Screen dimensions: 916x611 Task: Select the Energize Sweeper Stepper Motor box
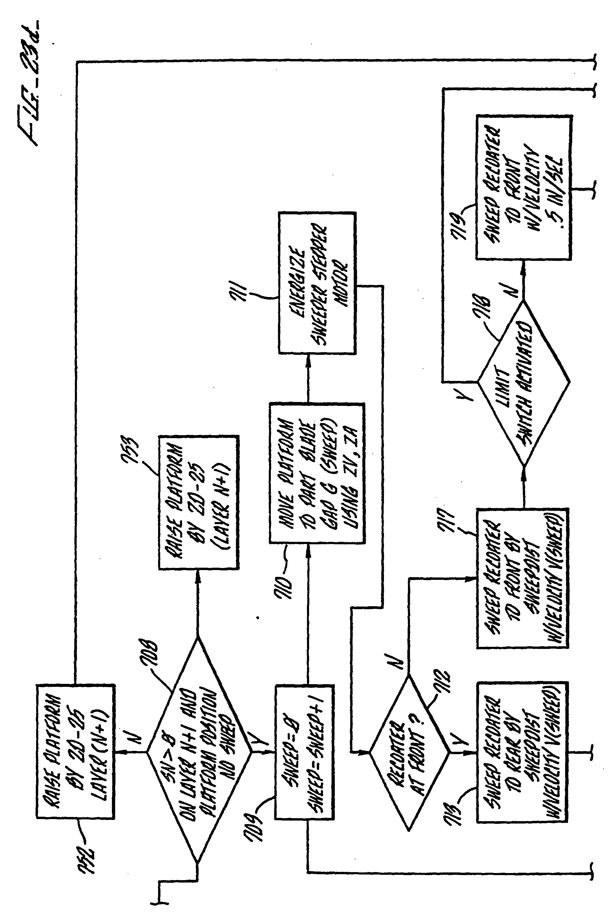(317, 283)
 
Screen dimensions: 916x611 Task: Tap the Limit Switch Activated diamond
(523, 382)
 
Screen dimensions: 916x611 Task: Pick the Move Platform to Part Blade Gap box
(317, 473)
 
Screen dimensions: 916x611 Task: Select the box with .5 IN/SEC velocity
(524, 187)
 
